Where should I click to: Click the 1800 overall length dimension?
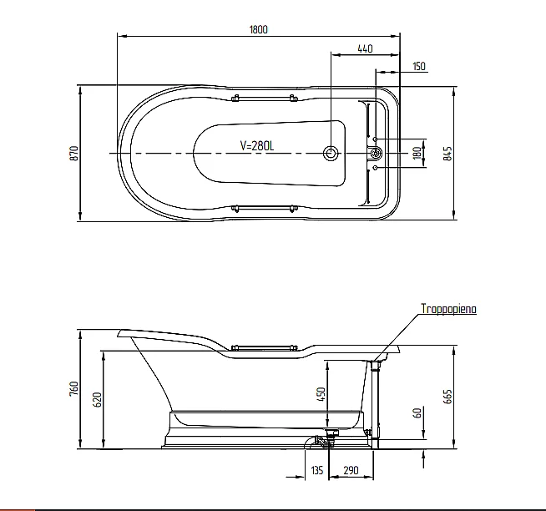[258, 29]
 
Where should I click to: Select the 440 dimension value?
[365, 48]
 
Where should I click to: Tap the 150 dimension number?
[419, 66]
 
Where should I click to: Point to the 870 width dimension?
[74, 154]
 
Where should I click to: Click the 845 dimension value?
[447, 154]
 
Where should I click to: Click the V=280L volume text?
[257, 145]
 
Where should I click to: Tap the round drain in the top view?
[331, 154]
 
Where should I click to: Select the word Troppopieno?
[448, 309]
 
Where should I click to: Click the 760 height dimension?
[74, 388]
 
